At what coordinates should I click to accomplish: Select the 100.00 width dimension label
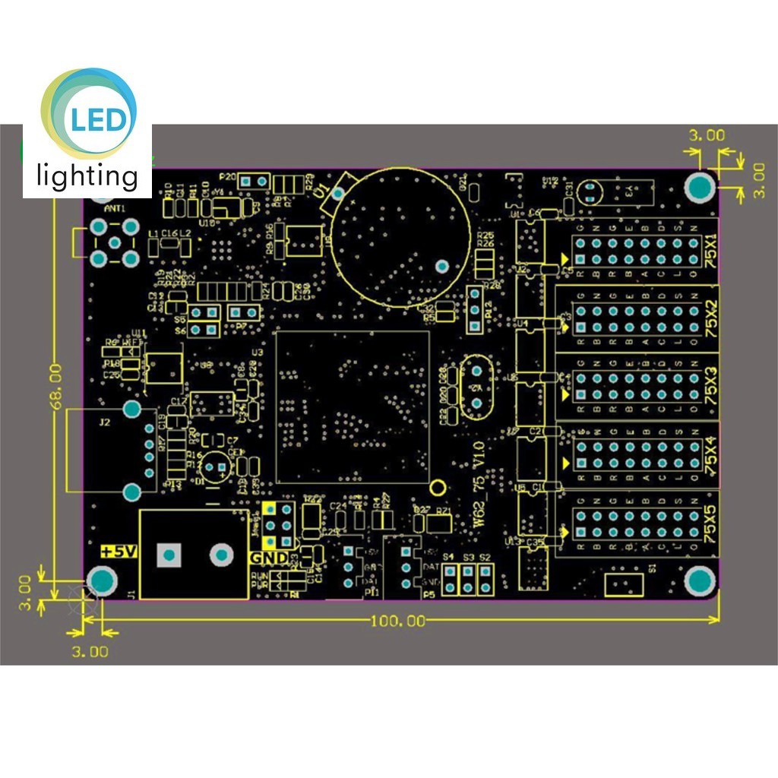coord(398,621)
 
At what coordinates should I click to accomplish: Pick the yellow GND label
coord(269,558)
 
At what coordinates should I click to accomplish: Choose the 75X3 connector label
coord(710,386)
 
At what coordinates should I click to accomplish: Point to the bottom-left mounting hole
coord(102,582)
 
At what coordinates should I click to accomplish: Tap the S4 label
coord(448,558)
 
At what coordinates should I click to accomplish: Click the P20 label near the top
coord(227,176)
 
